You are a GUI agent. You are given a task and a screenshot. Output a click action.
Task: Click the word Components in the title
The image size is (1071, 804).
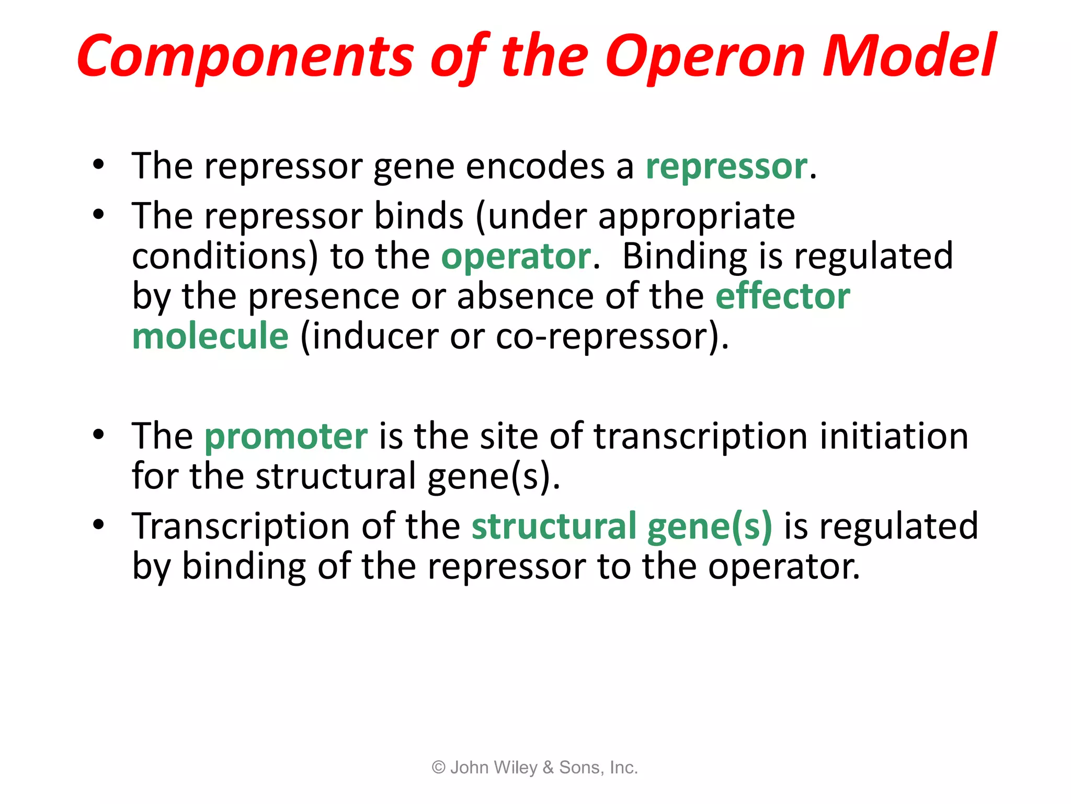pyautogui.click(x=246, y=57)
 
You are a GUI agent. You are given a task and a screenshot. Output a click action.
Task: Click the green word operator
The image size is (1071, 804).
pyautogui.click(x=516, y=257)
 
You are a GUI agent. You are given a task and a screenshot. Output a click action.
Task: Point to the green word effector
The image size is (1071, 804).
pyautogui.click(x=783, y=296)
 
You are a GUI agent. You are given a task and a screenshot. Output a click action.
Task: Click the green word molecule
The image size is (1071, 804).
pyautogui.click(x=210, y=336)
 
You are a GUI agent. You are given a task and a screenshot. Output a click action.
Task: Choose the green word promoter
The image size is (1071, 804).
pyautogui.click(x=286, y=436)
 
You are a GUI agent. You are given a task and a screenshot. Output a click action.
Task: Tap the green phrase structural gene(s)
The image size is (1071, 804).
pyautogui.click(x=621, y=526)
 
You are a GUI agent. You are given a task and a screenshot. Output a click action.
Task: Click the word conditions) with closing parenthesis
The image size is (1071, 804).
pyautogui.click(x=225, y=257)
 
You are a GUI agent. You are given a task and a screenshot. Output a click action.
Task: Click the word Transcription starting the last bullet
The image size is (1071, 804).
pyautogui.click(x=241, y=526)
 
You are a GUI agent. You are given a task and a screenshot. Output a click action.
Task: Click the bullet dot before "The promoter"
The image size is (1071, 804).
pyautogui.click(x=98, y=434)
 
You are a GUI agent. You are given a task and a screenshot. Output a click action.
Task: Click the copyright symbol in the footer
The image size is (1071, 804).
pyautogui.click(x=438, y=767)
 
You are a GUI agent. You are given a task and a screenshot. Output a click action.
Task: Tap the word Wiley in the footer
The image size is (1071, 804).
pyautogui.click(x=515, y=767)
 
